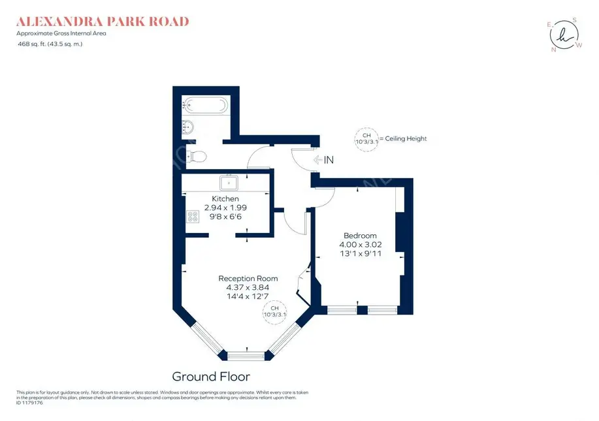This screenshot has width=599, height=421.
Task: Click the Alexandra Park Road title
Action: click(x=103, y=22)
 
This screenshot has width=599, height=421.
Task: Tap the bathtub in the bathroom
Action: click(x=206, y=104)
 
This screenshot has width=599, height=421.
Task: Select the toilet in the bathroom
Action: click(x=197, y=156)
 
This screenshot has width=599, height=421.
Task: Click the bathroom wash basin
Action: click(x=188, y=126)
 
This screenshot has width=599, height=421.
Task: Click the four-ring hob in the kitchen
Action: click(x=193, y=217)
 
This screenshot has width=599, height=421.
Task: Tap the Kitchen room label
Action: click(x=225, y=198)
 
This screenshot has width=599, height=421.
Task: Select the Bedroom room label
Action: click(x=360, y=236)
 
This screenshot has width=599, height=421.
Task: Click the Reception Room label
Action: click(x=248, y=278)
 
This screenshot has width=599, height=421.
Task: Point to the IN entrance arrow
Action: click(x=324, y=159)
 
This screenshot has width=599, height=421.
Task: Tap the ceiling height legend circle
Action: click(x=366, y=138)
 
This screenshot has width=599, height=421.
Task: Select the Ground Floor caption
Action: click(x=210, y=377)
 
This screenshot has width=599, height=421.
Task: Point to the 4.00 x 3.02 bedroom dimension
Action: click(x=360, y=245)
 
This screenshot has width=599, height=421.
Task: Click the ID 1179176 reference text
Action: click(x=29, y=403)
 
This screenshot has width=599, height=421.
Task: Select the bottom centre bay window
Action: click(x=247, y=356)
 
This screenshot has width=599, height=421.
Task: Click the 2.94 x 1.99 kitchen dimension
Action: click(x=225, y=208)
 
